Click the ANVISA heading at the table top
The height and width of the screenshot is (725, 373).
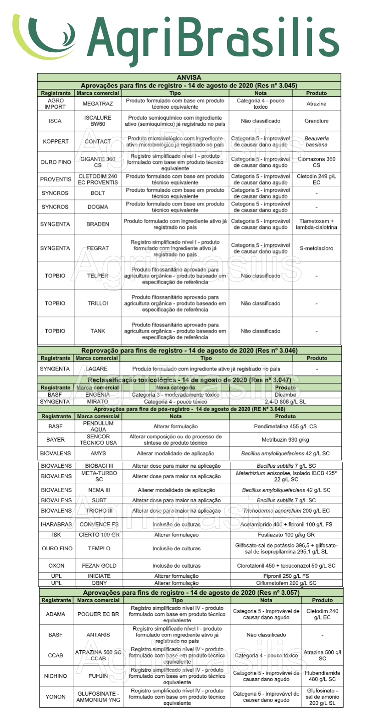point(189,77)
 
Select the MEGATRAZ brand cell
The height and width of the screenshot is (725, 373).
point(98,104)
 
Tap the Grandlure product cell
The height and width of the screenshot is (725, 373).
point(316,121)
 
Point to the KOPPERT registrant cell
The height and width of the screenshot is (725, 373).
point(56,142)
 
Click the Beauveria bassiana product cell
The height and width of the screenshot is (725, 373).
point(316,141)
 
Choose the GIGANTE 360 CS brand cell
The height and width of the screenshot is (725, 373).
point(98,162)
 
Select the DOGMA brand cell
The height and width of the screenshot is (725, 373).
point(98,207)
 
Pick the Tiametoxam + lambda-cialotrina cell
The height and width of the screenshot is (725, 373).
point(316,224)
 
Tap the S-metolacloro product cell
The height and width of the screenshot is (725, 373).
point(316,248)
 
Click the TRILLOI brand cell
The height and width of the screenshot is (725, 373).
point(98,303)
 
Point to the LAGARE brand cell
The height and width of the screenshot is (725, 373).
point(97,369)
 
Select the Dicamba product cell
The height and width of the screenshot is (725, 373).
point(285,394)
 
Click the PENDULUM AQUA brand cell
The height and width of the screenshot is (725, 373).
point(98,426)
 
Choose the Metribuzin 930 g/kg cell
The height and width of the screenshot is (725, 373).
point(285,440)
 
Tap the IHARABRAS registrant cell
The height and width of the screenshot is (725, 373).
point(56,524)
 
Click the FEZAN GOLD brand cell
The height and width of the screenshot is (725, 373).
point(99,565)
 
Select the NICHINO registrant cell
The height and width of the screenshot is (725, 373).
point(56,676)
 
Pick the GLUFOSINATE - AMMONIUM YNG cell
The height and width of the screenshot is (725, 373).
point(98,697)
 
